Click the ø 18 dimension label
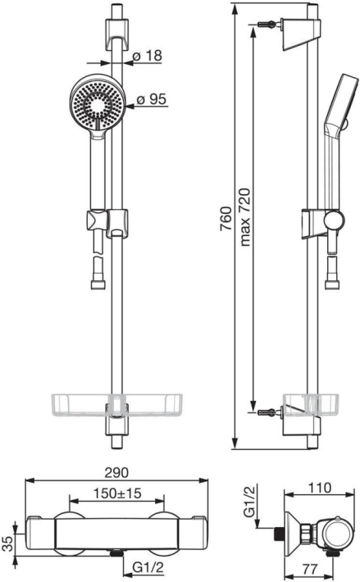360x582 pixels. tap(148, 56)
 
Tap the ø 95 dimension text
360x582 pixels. tap(151, 99)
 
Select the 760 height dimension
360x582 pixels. tap(226, 218)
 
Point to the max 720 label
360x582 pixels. tap(245, 218)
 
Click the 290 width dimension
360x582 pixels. tap(116, 473)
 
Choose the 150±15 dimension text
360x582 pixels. tap(117, 493)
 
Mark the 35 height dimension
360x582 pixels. tap(8, 542)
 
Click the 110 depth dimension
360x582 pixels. tap(319, 487)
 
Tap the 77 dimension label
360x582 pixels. tap(310, 569)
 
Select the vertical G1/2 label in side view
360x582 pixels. tap(250, 502)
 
